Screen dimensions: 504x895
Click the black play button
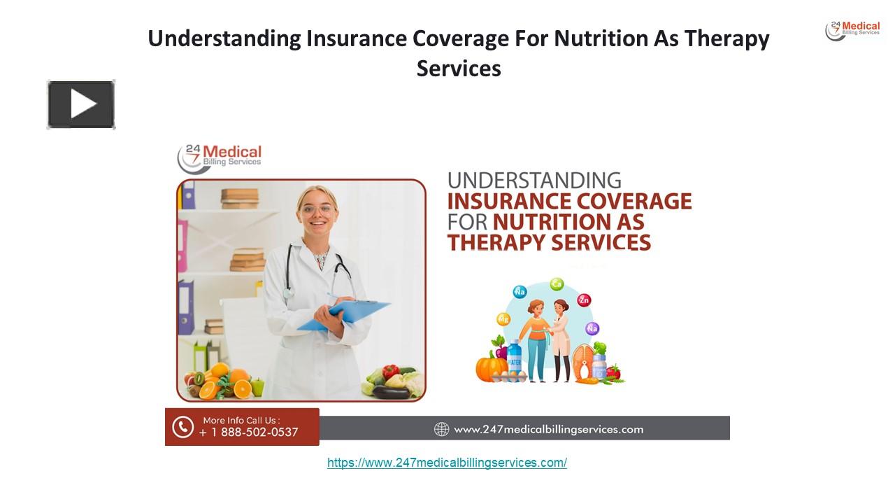81,105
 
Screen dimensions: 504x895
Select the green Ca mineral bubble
557,284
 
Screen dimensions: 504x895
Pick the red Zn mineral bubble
584,300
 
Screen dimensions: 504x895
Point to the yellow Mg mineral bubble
503,319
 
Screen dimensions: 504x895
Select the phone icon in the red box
182,427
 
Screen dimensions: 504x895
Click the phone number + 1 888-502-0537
248,433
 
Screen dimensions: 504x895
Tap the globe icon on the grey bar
441,429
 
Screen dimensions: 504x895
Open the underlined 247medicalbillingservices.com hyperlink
447,463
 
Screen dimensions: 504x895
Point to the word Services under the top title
459,69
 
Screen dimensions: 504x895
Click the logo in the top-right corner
852,31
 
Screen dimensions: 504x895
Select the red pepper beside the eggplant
389,372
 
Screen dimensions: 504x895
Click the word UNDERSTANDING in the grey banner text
534,181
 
